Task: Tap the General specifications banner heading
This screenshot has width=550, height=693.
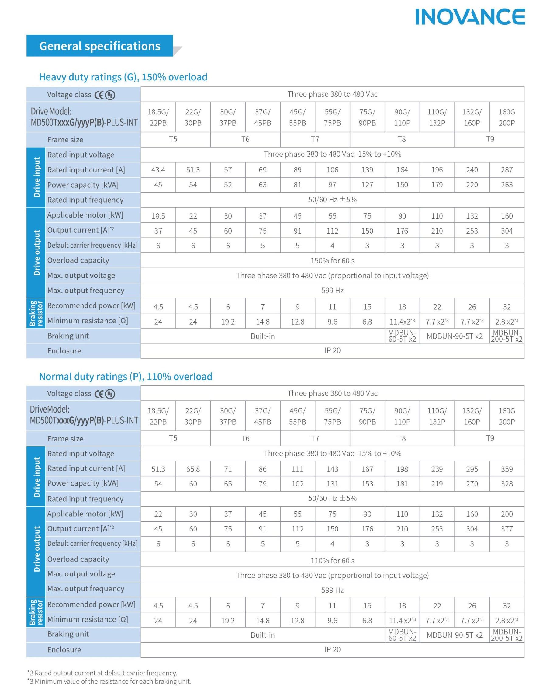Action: coord(100,46)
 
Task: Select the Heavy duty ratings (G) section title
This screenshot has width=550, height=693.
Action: coord(123,77)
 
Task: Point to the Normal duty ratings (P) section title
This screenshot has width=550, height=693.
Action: coord(126,376)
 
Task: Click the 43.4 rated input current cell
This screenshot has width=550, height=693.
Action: coord(158,170)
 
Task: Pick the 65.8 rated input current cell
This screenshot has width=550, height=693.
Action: coord(193,469)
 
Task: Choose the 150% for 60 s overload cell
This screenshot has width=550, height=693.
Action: coord(332,261)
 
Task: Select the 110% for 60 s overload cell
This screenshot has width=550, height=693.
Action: coord(332,561)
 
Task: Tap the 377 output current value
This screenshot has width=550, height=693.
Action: coord(507,529)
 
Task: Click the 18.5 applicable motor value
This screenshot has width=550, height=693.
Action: coord(158,216)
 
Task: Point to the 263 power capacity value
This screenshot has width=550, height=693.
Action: coord(507,185)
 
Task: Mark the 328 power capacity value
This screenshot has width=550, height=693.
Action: coord(507,484)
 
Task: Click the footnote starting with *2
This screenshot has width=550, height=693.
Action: coord(102,673)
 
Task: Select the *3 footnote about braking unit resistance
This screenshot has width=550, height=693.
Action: coord(109,681)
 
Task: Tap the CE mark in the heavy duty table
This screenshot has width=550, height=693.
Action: coord(99,95)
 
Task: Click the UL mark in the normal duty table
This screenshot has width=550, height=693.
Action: coord(110,394)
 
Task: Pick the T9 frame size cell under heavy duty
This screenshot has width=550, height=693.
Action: coord(489,139)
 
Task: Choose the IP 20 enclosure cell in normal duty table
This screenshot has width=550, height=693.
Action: coord(332,649)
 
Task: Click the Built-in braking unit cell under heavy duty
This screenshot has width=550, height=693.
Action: coord(262,336)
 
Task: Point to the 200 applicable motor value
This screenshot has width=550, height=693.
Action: coord(507,514)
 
